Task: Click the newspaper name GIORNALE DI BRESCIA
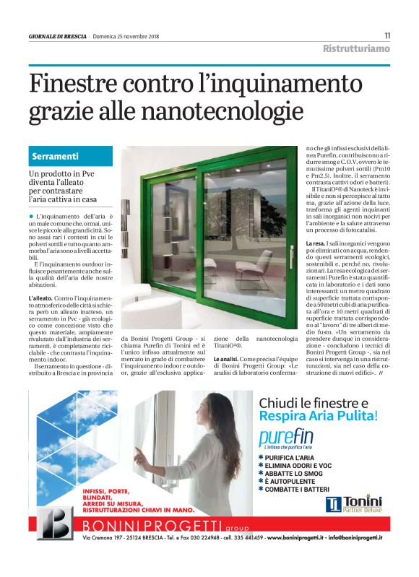pyautogui.click(x=58, y=36)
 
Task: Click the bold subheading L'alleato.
pyautogui.click(x=40, y=298)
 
